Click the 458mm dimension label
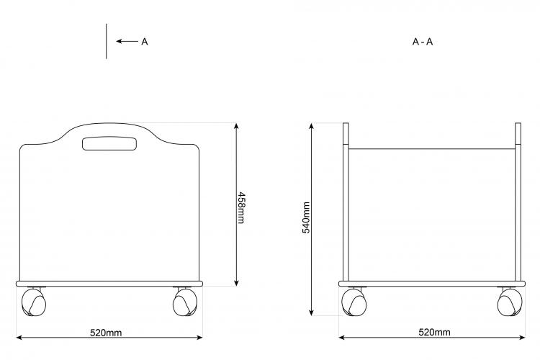tap(241, 207)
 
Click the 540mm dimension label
tap(306, 217)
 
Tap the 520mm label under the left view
tap(106, 333)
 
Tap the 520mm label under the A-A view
tap(434, 332)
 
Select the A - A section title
tap(423, 42)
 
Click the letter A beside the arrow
tap(145, 42)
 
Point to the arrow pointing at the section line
tap(127, 41)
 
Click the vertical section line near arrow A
tap(106, 41)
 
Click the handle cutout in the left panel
tap(109, 144)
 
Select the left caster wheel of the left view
tap(34, 302)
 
